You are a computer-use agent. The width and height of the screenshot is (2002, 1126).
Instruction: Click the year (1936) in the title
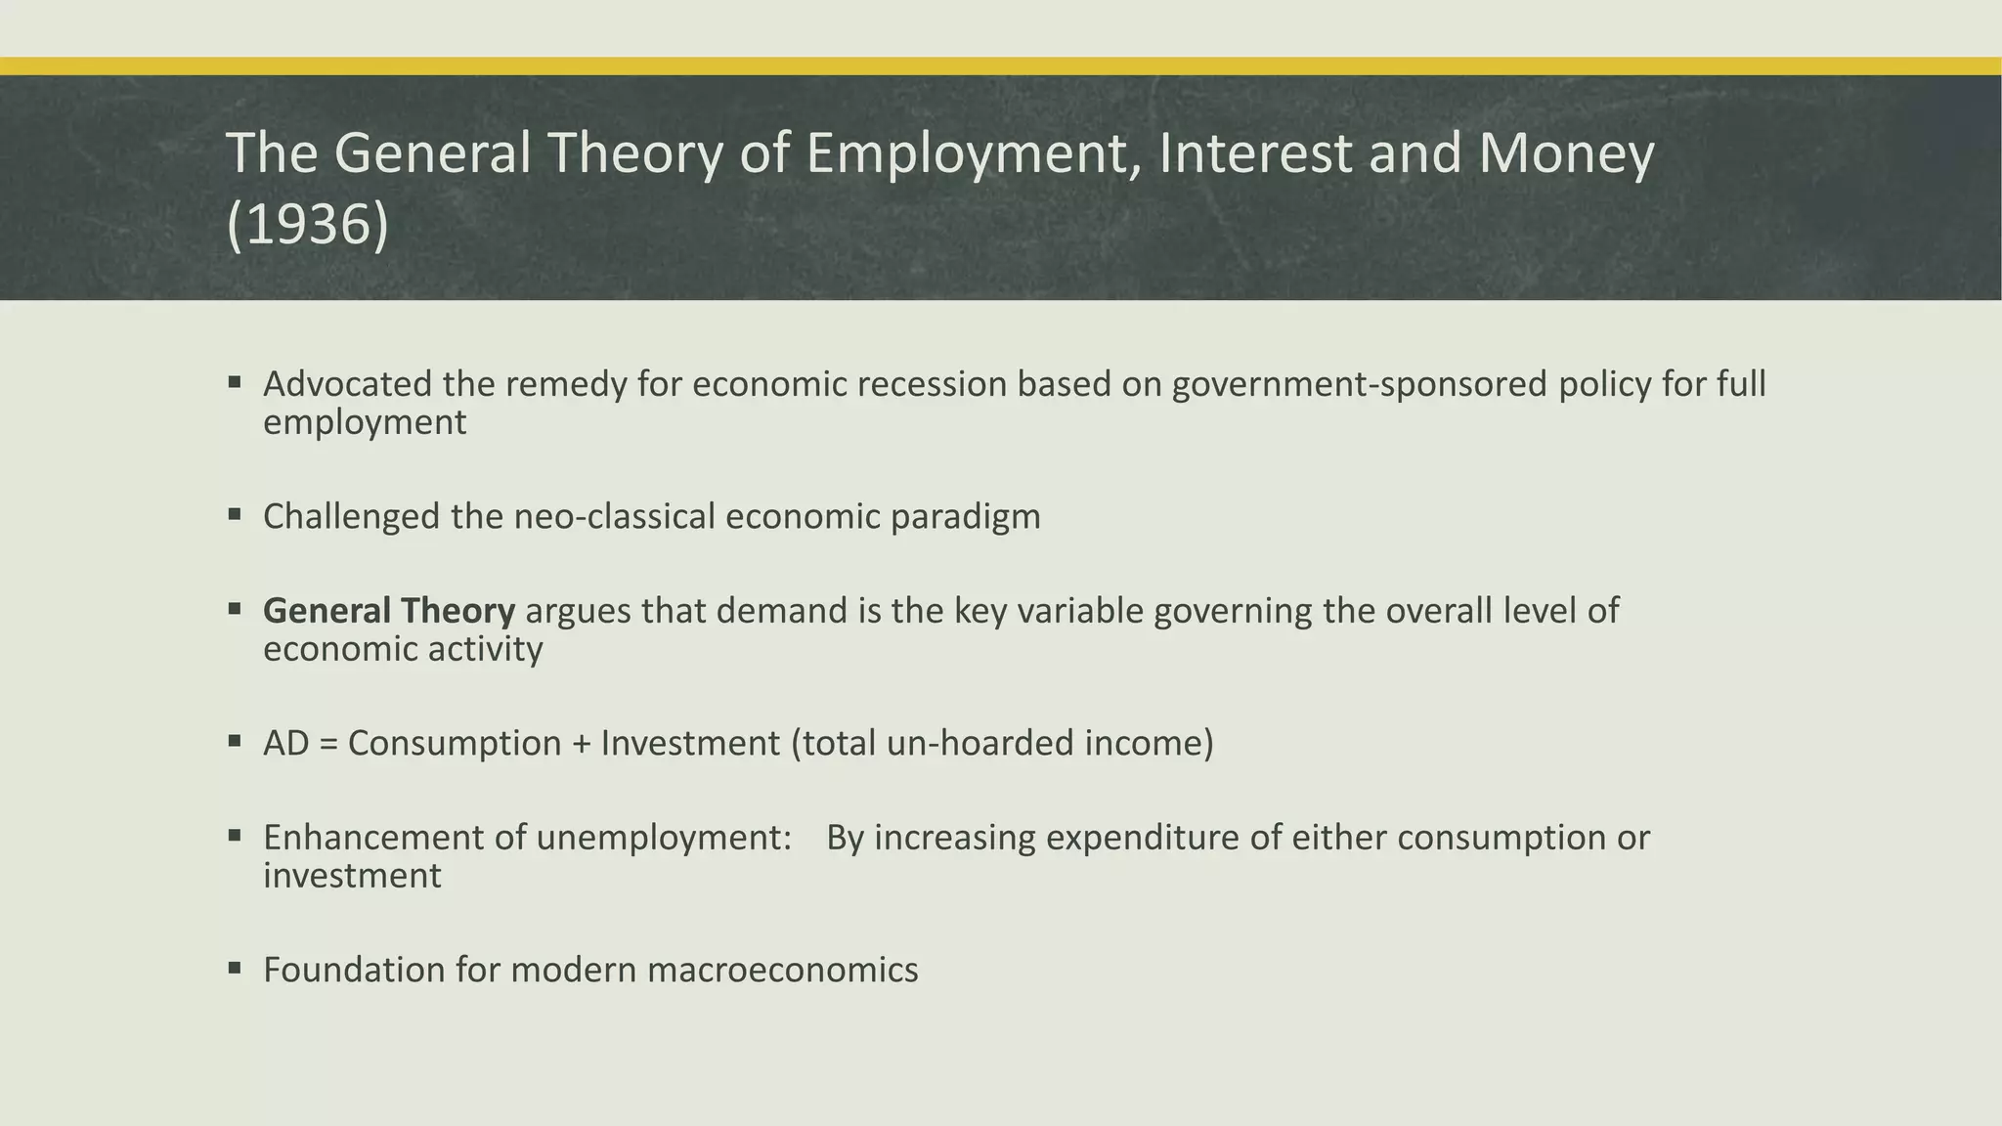307,224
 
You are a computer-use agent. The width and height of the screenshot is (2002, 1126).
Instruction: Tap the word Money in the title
1566,153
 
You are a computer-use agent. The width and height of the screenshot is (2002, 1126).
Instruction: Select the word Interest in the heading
1254,153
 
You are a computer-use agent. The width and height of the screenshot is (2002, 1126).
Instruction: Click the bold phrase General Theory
388,611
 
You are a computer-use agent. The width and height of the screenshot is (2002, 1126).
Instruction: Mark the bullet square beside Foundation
235,968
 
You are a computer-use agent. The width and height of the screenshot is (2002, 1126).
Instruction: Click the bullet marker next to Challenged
235,514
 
